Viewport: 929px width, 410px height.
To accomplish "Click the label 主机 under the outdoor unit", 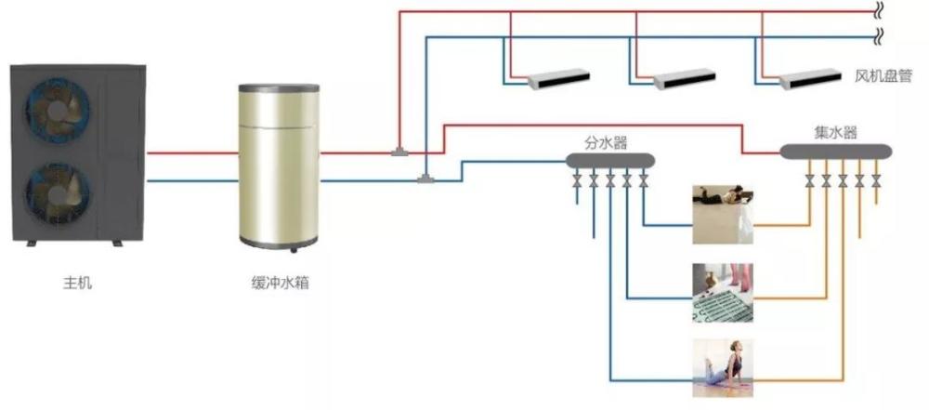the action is tap(78, 283).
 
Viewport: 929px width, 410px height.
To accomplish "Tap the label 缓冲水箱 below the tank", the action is tap(280, 283).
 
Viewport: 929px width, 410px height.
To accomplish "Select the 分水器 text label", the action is tap(606, 143).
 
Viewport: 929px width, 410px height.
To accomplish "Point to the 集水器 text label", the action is tap(835, 132).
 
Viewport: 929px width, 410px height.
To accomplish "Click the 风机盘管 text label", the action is tap(883, 76).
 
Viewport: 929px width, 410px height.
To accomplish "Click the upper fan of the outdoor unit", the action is tap(58, 111).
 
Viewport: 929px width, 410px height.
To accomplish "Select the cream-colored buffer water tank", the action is tap(279, 167).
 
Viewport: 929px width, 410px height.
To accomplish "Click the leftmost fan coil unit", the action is tap(558, 79).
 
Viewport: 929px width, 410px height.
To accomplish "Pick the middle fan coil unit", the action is tap(685, 79).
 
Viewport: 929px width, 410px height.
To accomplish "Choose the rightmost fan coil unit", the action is tap(810, 79).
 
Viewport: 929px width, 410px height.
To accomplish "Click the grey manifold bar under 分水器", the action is tap(610, 160).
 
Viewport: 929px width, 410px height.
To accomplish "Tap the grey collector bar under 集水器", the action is tap(835, 152).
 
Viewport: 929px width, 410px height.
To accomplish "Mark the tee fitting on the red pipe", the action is tap(399, 152).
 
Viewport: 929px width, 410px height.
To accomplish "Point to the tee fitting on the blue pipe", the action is tap(425, 179).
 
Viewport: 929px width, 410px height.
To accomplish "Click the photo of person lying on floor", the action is tap(723, 214).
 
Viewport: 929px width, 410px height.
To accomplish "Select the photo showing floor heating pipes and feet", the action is tap(723, 293).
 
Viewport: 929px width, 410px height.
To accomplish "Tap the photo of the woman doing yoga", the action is tap(723, 368).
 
